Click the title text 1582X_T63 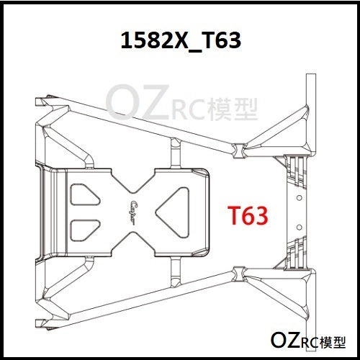click(x=181, y=41)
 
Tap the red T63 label click(x=248, y=215)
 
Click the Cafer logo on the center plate click(x=132, y=212)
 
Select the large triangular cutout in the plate click(x=173, y=212)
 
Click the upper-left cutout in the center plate click(x=84, y=194)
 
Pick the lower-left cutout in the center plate click(x=84, y=230)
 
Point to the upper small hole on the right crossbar click(x=299, y=198)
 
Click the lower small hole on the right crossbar click(x=299, y=227)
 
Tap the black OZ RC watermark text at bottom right click(x=308, y=341)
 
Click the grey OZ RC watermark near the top click(x=181, y=103)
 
